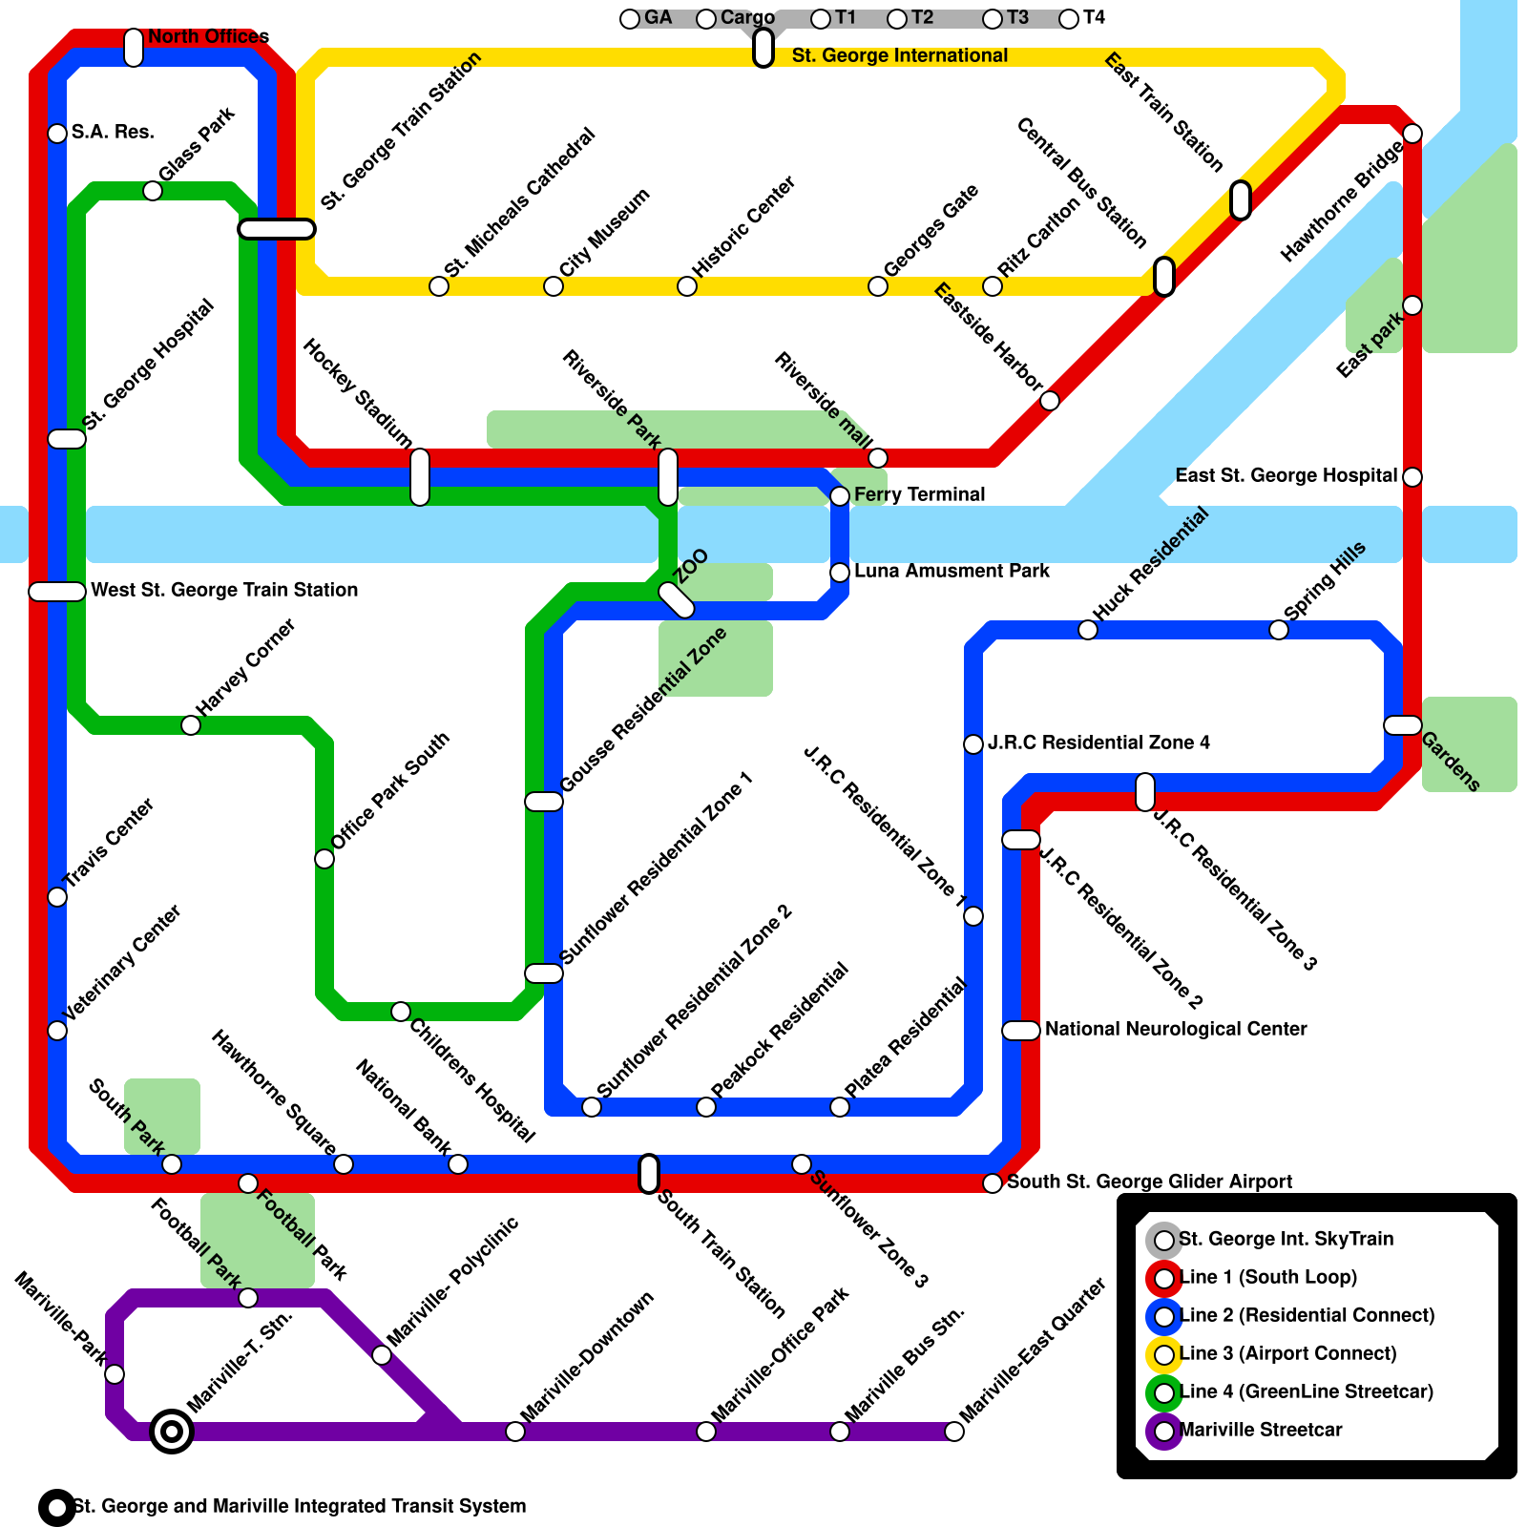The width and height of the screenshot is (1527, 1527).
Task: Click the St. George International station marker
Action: click(x=763, y=48)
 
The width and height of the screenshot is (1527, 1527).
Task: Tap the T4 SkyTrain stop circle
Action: click(x=1069, y=19)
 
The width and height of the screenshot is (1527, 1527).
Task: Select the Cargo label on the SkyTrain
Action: click(x=747, y=18)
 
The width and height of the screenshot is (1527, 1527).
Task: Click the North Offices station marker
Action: click(x=134, y=48)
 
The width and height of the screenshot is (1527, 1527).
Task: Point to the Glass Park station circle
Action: click(x=153, y=191)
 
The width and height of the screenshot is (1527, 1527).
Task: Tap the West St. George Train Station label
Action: click(x=224, y=591)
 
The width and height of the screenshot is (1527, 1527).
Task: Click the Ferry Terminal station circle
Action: click(x=840, y=496)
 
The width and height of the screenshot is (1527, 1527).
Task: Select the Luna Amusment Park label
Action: click(x=952, y=572)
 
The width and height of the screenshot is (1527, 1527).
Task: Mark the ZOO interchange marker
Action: click(x=677, y=600)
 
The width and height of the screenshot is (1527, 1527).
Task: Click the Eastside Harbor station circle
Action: click(x=1050, y=401)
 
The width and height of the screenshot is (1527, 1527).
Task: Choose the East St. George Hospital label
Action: click(x=1286, y=476)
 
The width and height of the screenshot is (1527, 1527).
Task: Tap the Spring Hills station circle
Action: click(x=1279, y=630)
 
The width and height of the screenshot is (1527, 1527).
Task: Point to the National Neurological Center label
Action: click(x=1176, y=1030)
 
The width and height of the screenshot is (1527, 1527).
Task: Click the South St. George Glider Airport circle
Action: click(x=993, y=1183)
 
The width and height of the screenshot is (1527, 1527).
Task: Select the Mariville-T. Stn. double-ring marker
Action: click(x=172, y=1432)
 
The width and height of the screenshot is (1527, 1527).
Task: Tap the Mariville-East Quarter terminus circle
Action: click(x=954, y=1432)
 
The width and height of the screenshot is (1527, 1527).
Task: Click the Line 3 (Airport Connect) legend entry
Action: click(x=1287, y=1354)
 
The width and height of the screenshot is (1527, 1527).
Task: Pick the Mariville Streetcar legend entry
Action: click(x=1261, y=1431)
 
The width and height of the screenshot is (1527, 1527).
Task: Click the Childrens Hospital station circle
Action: click(x=401, y=1012)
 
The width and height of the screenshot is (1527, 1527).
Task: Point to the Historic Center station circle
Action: click(x=687, y=286)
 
